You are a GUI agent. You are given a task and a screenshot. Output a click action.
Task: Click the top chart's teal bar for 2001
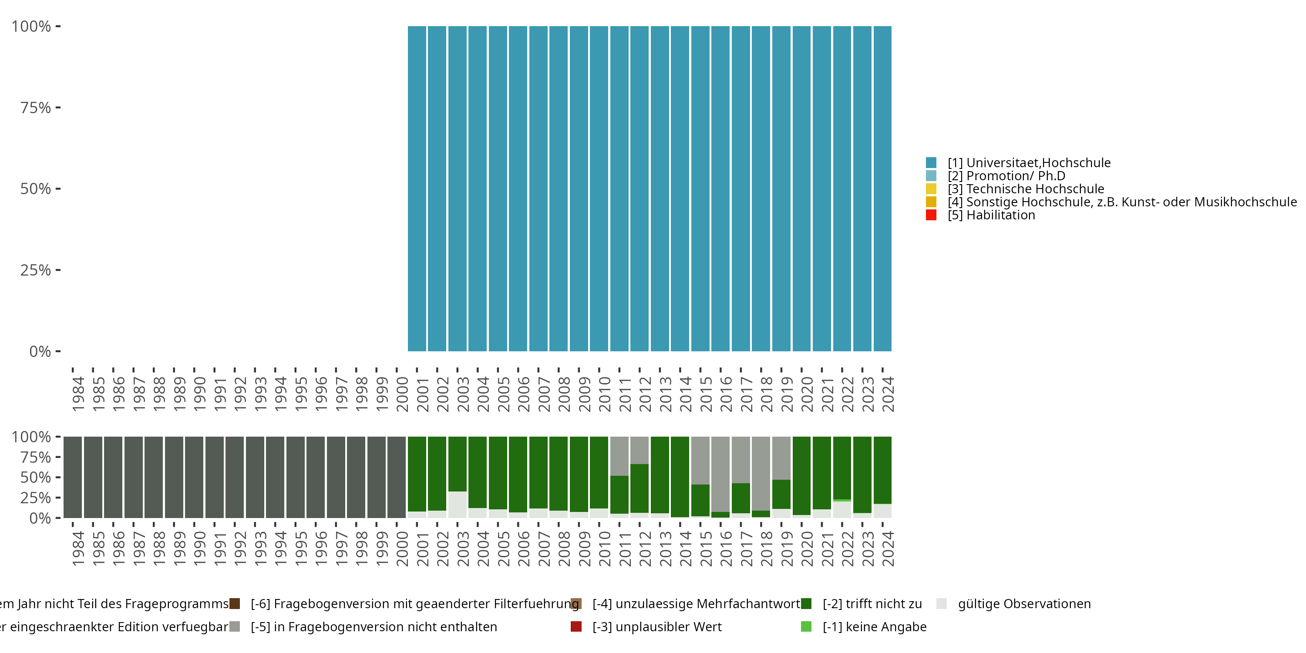click(417, 188)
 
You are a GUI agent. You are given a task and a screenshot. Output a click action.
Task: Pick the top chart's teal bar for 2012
click(640, 188)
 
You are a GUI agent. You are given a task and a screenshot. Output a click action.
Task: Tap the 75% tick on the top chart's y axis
click(36, 108)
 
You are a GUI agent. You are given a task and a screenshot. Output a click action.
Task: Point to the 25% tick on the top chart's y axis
click(36, 270)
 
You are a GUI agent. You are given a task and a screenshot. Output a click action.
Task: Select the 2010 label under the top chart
click(604, 394)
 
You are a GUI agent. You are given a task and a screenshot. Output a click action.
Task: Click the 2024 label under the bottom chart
click(888, 549)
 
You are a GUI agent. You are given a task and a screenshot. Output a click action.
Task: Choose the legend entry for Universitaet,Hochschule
click(1029, 163)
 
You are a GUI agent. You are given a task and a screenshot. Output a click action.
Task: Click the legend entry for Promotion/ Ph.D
click(1006, 176)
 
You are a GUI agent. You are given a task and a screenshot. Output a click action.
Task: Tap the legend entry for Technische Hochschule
click(1026, 189)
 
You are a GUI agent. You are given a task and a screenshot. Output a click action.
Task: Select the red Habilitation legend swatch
click(931, 215)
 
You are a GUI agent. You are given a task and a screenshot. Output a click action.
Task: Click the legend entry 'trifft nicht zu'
click(872, 604)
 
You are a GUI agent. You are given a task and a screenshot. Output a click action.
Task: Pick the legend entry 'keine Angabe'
click(874, 626)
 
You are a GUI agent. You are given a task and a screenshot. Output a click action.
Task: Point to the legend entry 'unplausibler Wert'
click(656, 626)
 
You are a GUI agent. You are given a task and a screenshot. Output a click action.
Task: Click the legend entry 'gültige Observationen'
click(1023, 604)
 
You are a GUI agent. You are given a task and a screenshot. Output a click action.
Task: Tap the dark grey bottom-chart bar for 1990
click(194, 477)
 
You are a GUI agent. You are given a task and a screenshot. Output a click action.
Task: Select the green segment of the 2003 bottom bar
click(457, 464)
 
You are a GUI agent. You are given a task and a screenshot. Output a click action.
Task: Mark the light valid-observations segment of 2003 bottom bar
click(457, 505)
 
